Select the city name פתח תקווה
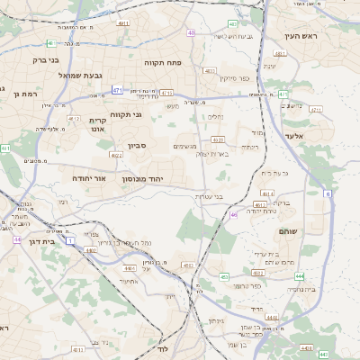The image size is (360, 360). pyautogui.click(x=163, y=63)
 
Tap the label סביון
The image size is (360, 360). pyautogui.click(x=137, y=145)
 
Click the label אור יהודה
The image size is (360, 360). pyautogui.click(x=88, y=178)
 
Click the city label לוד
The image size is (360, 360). pyautogui.click(x=163, y=347)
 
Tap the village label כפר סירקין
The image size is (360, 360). pyautogui.click(x=233, y=78)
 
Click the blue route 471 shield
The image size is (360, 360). pyautogui.click(x=117, y=90)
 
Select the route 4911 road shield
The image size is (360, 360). pyautogui.click(x=123, y=23)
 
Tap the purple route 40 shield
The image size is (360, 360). pyautogui.click(x=191, y=32)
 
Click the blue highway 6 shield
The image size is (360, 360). pyautogui.click(x=328, y=193)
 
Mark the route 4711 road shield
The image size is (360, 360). pyautogui.click(x=167, y=93)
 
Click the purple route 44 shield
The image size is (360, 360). pyautogui.click(x=18, y=239)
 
